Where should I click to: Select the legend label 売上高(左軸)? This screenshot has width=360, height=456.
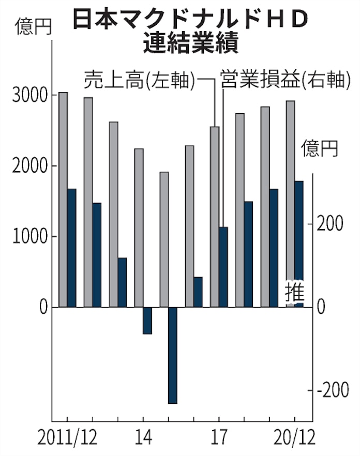[140, 80]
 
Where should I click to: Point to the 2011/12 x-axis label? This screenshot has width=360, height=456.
[68, 439]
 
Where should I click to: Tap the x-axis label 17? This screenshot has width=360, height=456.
[219, 439]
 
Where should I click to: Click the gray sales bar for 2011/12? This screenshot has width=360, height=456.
[63, 200]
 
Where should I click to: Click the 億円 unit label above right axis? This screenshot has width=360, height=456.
[320, 149]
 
